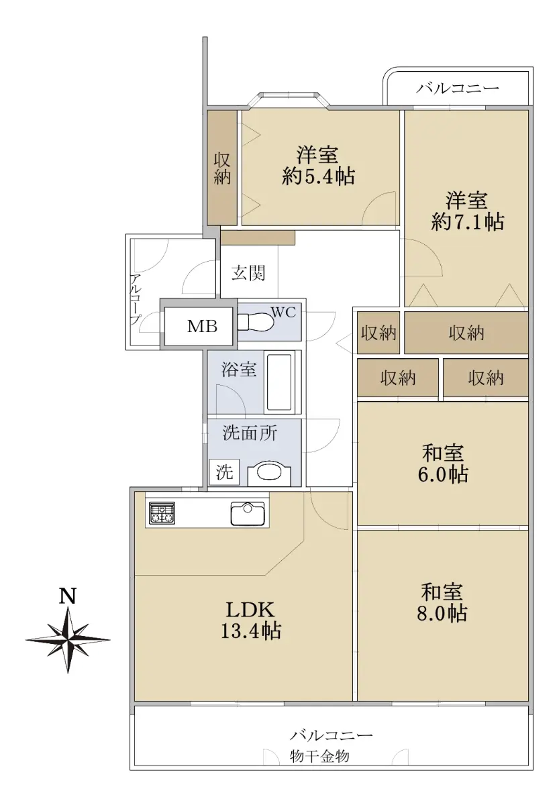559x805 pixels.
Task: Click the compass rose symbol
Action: coord(68,639)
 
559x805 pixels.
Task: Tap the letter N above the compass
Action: coord(68,596)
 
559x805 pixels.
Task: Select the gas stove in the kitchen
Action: coord(162,513)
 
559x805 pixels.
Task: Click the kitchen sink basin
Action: coord(248,513)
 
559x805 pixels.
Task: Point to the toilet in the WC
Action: coord(254,321)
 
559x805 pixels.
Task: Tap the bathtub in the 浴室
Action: coord(279,382)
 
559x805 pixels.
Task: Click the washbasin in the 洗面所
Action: coord(269,472)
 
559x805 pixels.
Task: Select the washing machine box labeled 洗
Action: coord(224,472)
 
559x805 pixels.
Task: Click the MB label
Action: coord(202,326)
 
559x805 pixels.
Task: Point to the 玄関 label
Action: coord(248,273)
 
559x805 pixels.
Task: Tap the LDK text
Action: coord(250,610)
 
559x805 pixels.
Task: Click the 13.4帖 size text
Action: coord(250,631)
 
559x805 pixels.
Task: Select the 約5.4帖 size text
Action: coord(318,176)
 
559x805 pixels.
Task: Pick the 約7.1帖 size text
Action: coord(467,221)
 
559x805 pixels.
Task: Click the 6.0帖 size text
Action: coord(442,474)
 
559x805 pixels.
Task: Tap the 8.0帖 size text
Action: coord(442,612)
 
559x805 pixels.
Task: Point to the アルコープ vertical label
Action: coord(136,299)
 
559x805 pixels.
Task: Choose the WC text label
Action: coord(284,313)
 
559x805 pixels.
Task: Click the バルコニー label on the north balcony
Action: coord(458,88)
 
